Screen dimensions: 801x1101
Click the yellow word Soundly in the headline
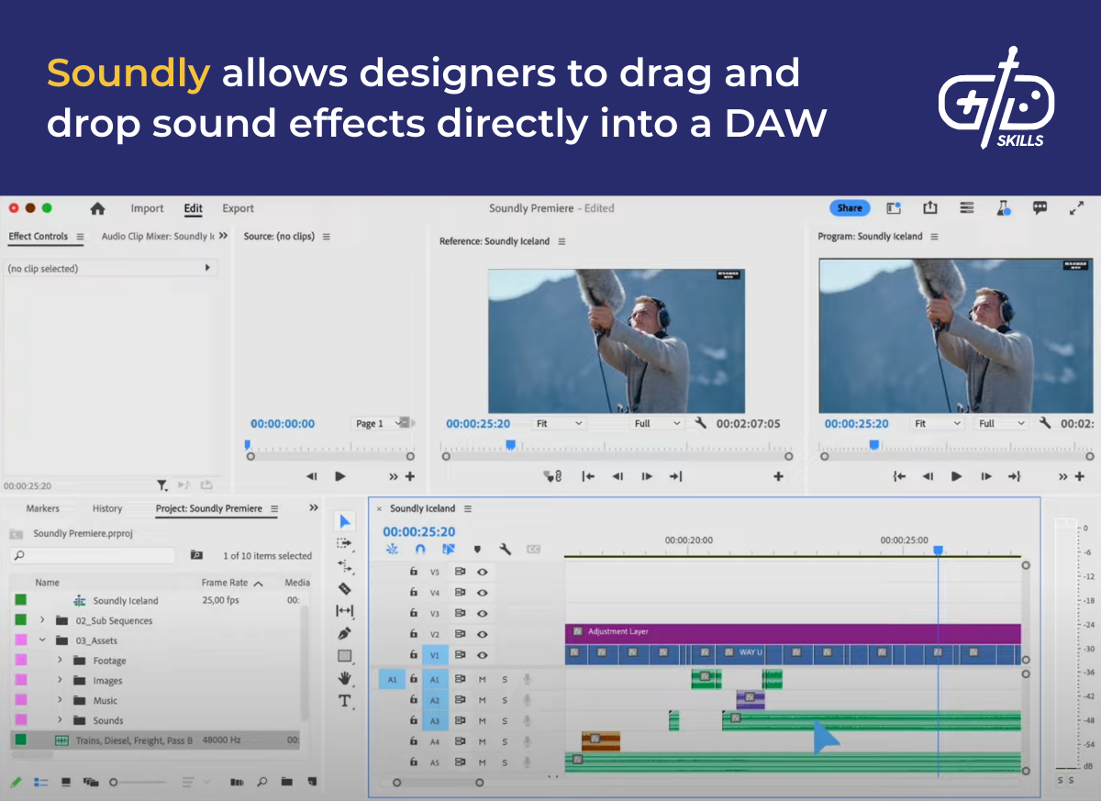(x=128, y=73)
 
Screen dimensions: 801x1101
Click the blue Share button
(x=849, y=208)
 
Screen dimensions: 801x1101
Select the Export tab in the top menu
(x=238, y=208)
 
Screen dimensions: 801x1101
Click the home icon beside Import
(x=97, y=208)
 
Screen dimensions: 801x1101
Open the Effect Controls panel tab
(x=39, y=237)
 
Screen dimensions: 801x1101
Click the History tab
(x=107, y=508)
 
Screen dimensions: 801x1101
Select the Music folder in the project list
(x=105, y=701)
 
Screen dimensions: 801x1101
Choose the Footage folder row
(x=109, y=661)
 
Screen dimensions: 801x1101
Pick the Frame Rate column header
(x=225, y=583)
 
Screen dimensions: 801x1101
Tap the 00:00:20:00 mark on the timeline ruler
(x=688, y=541)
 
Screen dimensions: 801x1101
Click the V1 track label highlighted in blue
(x=435, y=655)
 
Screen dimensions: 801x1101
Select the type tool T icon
(x=345, y=701)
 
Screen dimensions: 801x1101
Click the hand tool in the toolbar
(x=345, y=678)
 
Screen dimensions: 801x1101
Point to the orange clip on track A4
(x=601, y=740)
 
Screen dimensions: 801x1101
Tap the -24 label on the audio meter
(x=1088, y=625)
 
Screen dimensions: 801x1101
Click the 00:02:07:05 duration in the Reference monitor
(x=748, y=424)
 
